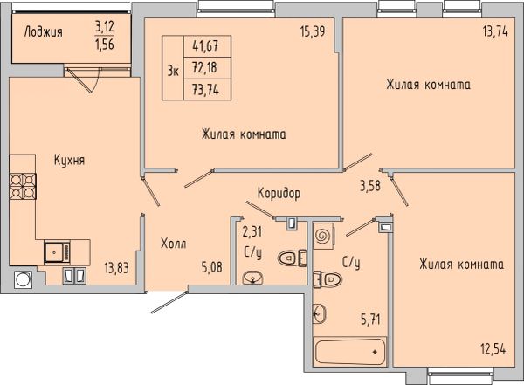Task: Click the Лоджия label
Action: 44,32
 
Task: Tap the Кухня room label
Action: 70,161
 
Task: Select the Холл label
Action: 174,244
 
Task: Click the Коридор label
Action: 279,194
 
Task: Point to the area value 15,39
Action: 313,31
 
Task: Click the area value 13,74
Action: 495,31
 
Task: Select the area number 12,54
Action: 493,349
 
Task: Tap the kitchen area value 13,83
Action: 117,267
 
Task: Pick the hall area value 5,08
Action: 212,267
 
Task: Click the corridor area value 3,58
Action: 370,186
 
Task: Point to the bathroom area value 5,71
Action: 370,320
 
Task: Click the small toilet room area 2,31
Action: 252,231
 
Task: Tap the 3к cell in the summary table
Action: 173,68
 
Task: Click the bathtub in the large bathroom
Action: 350,351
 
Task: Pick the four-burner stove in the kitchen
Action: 23,186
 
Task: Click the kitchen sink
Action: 57,252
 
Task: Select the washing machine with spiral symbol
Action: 323,236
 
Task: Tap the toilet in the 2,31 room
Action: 293,258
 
